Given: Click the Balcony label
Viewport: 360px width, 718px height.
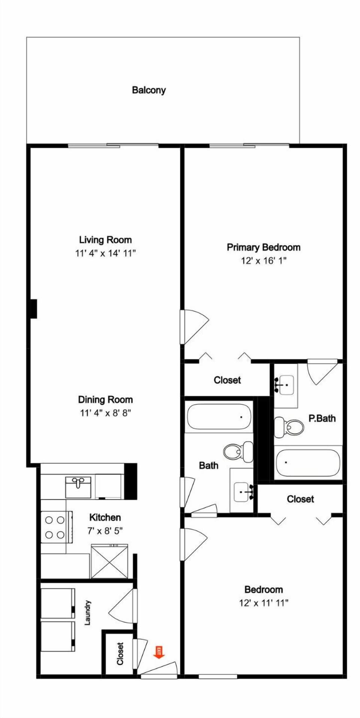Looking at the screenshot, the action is click(148, 90).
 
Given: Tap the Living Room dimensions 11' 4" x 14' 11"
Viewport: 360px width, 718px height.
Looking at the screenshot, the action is click(105, 253).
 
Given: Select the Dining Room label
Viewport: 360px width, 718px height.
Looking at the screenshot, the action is click(105, 400).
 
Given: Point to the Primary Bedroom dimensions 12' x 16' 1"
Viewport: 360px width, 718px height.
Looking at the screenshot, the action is click(264, 261).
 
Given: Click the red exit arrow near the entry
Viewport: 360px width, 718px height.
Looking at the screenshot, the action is click(159, 652).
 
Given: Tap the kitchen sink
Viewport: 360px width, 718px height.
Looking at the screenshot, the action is click(78, 487).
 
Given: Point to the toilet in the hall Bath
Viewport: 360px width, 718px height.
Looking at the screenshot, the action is click(238, 451).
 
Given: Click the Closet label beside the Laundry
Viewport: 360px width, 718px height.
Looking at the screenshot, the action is click(120, 654).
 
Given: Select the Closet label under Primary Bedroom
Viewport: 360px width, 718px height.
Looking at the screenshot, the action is click(227, 380).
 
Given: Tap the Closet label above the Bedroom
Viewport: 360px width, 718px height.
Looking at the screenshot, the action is click(300, 499).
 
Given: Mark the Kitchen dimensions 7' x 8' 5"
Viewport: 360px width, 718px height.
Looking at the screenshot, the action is click(105, 531).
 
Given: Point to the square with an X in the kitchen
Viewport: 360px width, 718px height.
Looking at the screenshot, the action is click(109, 561).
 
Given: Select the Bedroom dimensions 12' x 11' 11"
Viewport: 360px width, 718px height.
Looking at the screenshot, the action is click(264, 603).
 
